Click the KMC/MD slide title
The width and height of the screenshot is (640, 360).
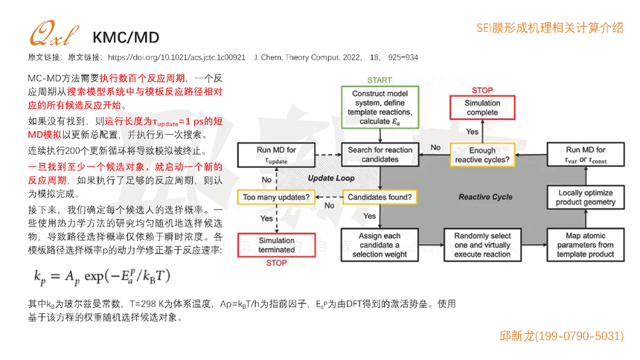pyautogui.click(x=126, y=37)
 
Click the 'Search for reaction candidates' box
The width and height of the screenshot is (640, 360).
pyautogui.click(x=380, y=155)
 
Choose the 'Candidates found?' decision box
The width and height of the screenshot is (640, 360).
pyautogui.click(x=380, y=197)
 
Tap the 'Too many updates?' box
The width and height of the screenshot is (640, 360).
pyautogui.click(x=276, y=197)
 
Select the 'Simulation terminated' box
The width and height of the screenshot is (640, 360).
pyautogui.click(x=276, y=245)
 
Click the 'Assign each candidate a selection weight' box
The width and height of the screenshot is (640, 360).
pyautogui.click(x=380, y=245)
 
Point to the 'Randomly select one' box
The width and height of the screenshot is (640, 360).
pyautogui.click(x=482, y=245)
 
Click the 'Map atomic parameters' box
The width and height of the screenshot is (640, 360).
pyautogui.click(x=586, y=245)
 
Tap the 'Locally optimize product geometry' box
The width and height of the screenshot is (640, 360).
pyautogui.click(x=586, y=197)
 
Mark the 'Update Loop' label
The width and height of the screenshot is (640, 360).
pyautogui.click(x=333, y=178)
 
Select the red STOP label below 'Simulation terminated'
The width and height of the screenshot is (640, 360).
pyautogui.click(x=276, y=263)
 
